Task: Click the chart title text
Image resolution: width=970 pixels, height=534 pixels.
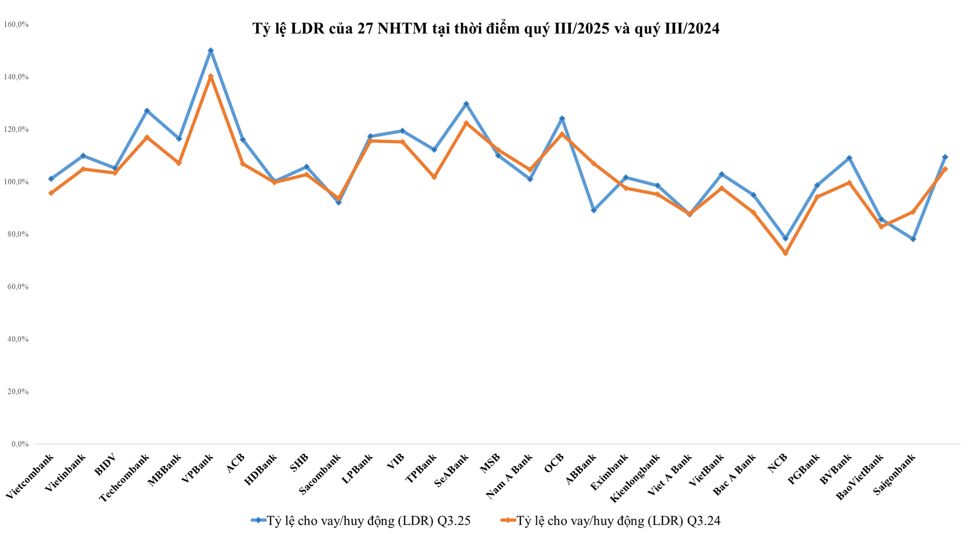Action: (486, 29)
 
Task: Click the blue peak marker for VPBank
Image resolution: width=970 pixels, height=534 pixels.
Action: (211, 51)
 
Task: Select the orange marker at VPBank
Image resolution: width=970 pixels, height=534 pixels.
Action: (211, 76)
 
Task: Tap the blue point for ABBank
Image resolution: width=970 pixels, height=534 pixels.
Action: (594, 210)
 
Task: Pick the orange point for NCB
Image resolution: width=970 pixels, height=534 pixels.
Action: (785, 253)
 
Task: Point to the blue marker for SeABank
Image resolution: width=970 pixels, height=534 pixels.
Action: (466, 104)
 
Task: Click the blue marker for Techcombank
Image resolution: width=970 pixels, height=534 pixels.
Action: (147, 111)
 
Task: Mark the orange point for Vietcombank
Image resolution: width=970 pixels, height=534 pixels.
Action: (51, 193)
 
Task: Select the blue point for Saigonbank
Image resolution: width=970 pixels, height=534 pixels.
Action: (913, 239)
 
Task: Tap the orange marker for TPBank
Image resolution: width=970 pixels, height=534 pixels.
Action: (434, 177)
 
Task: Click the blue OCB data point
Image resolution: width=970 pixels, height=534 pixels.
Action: (562, 119)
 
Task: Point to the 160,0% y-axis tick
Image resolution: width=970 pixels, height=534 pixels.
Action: (16, 24)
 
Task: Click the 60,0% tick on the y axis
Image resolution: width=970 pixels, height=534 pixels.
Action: (16, 286)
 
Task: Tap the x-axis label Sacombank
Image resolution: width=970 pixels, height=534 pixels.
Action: (321, 474)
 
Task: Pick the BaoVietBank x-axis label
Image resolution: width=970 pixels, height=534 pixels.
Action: (860, 476)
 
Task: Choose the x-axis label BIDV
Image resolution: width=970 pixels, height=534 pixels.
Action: (106, 465)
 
